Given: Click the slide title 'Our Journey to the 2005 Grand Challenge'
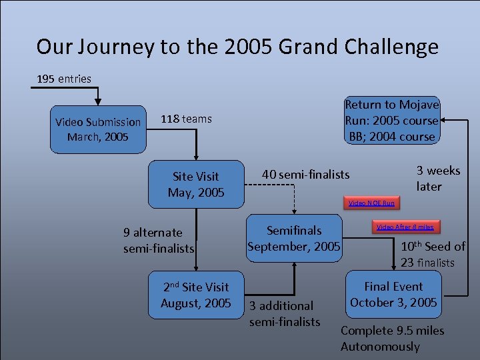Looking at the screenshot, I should (x=237, y=47).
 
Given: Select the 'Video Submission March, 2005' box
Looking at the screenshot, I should (x=98, y=129).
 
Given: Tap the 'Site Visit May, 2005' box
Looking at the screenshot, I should (x=195, y=185).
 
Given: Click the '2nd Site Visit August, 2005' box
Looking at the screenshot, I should (x=195, y=295).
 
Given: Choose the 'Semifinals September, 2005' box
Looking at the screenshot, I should (x=294, y=239).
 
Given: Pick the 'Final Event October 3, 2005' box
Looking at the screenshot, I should (x=393, y=294).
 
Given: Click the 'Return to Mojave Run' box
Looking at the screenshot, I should (x=391, y=121).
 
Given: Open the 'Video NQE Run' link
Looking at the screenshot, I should (x=371, y=203).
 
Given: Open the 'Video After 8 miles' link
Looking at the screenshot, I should (x=405, y=227).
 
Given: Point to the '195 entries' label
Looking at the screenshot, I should (x=64, y=79).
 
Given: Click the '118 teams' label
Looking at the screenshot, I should (x=186, y=119).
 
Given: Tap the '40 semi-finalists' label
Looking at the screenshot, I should (x=305, y=174).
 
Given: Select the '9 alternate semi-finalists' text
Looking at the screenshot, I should (x=158, y=240).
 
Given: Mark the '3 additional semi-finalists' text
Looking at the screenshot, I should (x=284, y=313).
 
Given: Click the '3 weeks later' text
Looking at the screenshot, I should (x=438, y=178).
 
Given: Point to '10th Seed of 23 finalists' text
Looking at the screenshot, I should (x=432, y=254).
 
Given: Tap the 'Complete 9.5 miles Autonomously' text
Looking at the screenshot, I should (x=392, y=339).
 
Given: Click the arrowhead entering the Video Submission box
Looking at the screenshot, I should (x=98, y=101).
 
